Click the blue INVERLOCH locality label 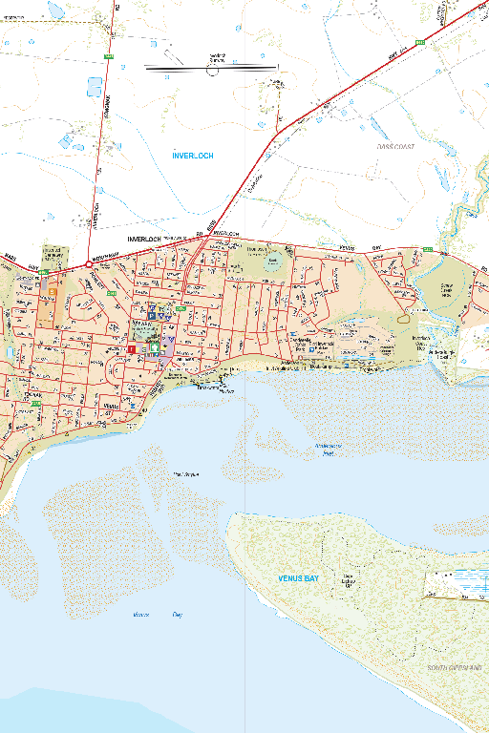[193, 155]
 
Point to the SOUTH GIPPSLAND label [454, 668]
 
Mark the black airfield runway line [210, 68]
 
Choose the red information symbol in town [130, 349]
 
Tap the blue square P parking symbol [151, 308]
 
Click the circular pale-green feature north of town [274, 260]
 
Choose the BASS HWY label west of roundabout [11, 256]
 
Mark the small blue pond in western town [9, 352]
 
